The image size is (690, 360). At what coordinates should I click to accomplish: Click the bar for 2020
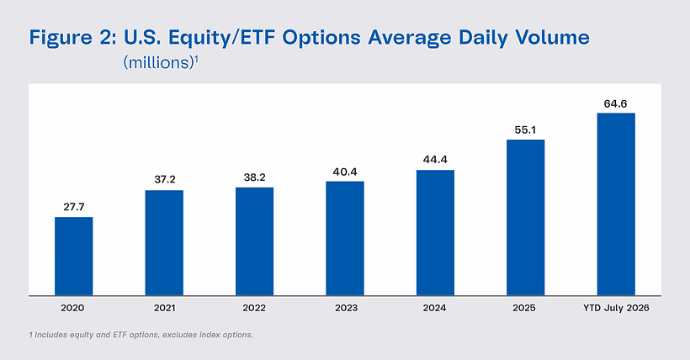click(x=73, y=257)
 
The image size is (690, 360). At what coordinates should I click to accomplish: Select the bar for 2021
click(x=164, y=243)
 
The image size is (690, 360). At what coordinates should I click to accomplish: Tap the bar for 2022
click(x=254, y=241)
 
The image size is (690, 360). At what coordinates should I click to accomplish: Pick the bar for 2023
click(x=345, y=238)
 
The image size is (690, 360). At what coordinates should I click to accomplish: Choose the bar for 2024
click(x=435, y=232)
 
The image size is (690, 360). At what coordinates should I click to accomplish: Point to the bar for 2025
click(x=525, y=217)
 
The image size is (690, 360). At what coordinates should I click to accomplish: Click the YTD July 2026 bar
click(x=616, y=204)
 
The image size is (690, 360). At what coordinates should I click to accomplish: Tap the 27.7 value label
click(x=73, y=207)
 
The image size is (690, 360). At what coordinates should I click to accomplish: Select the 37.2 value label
click(x=165, y=179)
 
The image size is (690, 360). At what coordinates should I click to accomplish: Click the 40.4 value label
click(x=345, y=172)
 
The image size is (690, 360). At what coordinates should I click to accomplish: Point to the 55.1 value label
click(x=525, y=130)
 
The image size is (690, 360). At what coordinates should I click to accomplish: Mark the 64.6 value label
click(x=615, y=103)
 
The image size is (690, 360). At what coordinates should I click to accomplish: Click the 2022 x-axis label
click(x=254, y=308)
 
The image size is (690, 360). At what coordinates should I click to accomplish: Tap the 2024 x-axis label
click(x=435, y=308)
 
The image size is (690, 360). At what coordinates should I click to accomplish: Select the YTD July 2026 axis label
click(x=616, y=308)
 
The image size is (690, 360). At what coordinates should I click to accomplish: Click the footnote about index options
click(x=141, y=335)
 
